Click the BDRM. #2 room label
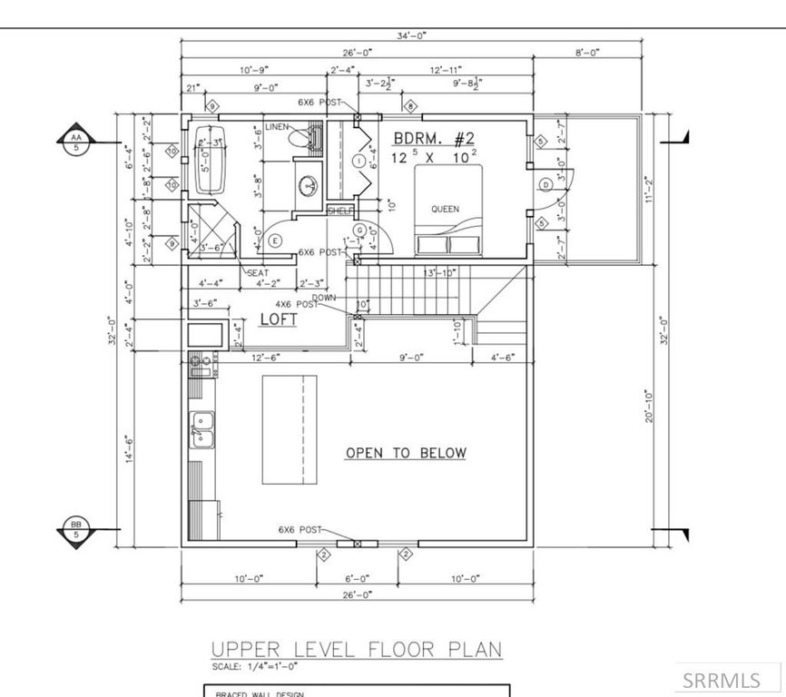(434, 139)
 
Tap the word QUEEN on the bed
(445, 209)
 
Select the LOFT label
(279, 319)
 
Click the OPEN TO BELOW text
(406, 453)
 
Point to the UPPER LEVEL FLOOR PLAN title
(356, 650)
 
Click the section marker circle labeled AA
(74, 142)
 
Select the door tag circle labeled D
(545, 184)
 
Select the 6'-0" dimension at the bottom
(357, 578)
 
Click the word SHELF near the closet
(339, 210)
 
